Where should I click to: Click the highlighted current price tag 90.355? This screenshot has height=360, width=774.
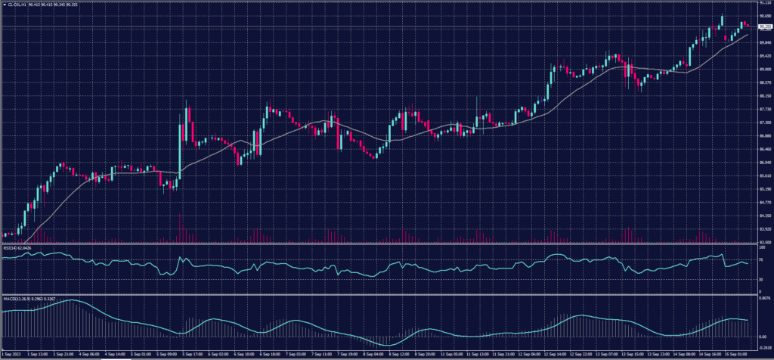[x=763, y=26]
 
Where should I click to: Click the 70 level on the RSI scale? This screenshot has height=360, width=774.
[x=762, y=260]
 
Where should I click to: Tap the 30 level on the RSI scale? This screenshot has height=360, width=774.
[x=762, y=279]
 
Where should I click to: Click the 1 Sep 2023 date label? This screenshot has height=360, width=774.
[x=11, y=353]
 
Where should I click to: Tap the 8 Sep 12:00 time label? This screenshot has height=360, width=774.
[x=398, y=353]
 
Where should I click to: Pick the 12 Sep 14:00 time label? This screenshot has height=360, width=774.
[x=556, y=353]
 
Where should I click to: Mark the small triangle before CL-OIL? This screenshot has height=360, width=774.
[x=4, y=5]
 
